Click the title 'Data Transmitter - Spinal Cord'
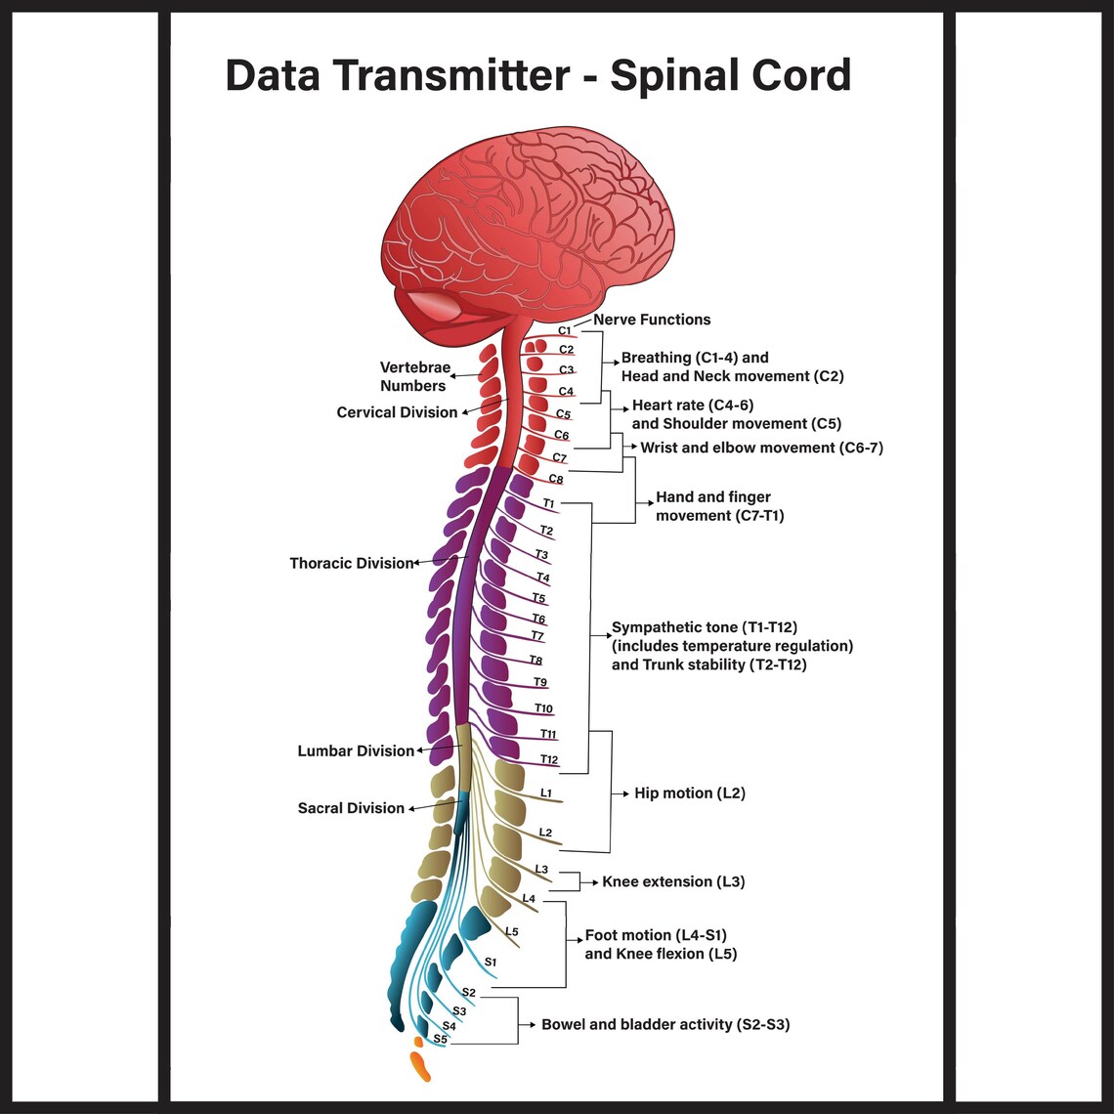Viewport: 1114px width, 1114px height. [537, 75]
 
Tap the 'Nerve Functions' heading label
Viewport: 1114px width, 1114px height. [652, 320]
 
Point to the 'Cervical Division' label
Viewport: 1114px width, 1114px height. [397, 412]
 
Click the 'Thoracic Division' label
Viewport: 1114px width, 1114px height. [351, 563]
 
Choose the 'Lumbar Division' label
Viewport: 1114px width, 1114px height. [356, 750]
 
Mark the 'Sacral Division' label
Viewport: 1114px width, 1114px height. [351, 808]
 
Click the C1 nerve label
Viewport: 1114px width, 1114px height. [565, 331]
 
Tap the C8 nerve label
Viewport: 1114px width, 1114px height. [555, 479]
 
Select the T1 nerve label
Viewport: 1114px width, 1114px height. [549, 503]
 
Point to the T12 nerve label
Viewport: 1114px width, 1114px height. [549, 759]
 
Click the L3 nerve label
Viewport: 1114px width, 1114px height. [541, 869]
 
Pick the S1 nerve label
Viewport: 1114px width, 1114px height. [491, 962]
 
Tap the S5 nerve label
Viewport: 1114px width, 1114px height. [441, 1039]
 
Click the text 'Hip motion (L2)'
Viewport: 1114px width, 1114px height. [689, 793]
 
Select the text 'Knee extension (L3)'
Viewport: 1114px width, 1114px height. [673, 881]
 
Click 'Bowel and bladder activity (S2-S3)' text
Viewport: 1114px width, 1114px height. [665, 1024]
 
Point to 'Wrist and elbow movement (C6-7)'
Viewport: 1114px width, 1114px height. [761, 448]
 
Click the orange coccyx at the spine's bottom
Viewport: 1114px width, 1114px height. [419, 1065]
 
